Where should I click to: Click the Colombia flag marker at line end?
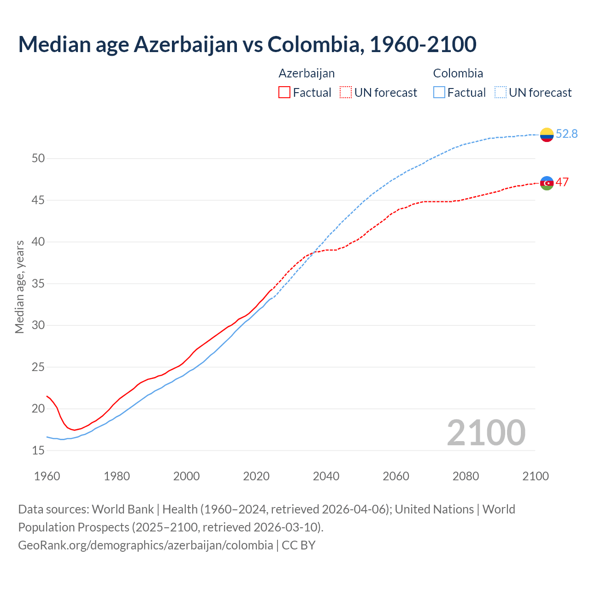(x=547, y=135)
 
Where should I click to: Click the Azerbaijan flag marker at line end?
(x=547, y=183)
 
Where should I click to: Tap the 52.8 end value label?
(x=566, y=134)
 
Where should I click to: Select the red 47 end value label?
(x=562, y=182)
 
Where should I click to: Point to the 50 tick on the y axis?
(x=38, y=159)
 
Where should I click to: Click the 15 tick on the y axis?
(x=38, y=450)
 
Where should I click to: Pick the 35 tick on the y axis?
(x=38, y=283)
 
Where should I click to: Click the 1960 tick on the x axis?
(x=47, y=476)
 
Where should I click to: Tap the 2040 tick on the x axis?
(x=326, y=476)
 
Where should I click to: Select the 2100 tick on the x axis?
(x=535, y=476)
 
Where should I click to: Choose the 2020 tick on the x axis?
(x=256, y=476)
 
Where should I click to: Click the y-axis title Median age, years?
(x=19, y=287)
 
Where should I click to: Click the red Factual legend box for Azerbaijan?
(x=284, y=93)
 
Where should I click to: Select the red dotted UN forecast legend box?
(x=346, y=93)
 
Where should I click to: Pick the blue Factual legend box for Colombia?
(x=439, y=93)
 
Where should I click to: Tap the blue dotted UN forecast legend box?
(x=501, y=93)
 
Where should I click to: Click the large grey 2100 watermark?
(x=486, y=432)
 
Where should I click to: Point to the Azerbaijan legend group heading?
(x=307, y=73)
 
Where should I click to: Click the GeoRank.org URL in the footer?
(x=145, y=545)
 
